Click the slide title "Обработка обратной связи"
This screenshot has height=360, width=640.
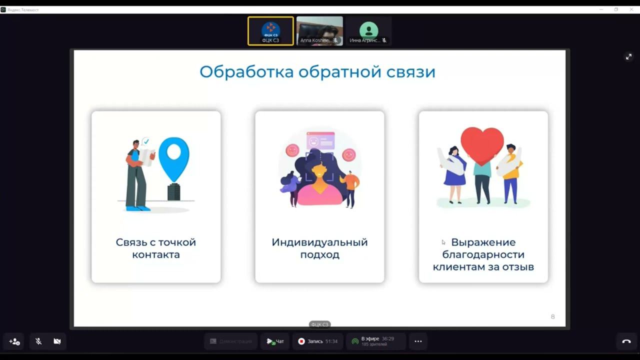[317, 72]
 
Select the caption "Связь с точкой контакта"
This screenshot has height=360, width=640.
[155, 248]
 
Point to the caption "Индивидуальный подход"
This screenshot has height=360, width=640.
[319, 248]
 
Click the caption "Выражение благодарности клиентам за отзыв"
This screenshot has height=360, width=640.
[483, 254]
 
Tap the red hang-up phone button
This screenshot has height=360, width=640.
[626, 341]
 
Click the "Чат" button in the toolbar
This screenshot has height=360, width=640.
[275, 341]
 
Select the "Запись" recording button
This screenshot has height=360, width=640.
[317, 341]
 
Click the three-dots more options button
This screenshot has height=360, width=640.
[418, 341]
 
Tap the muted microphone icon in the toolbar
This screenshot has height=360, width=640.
[38, 341]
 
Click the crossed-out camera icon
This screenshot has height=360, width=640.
[57, 341]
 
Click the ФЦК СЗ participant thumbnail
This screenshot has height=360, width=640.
[270, 31]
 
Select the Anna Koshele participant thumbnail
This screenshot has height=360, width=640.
[319, 31]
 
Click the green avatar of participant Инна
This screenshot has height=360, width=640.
[368, 29]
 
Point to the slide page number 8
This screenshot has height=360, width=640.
[552, 316]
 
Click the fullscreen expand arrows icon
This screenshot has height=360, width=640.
[628, 57]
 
